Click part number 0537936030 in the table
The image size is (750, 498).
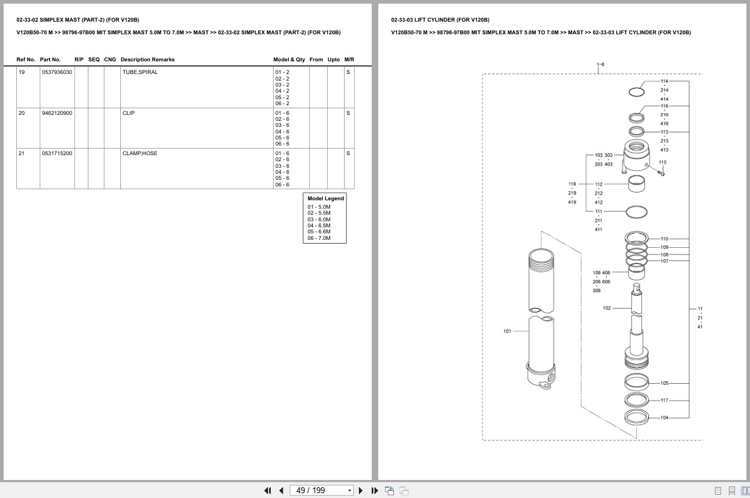pyautogui.click(x=57, y=72)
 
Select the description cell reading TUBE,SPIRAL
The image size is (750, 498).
pyautogui.click(x=140, y=72)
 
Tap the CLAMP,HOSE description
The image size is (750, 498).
pyautogui.click(x=140, y=153)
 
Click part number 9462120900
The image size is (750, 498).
pyautogui.click(x=57, y=113)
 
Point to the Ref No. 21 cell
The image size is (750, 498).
pyautogui.click(x=22, y=153)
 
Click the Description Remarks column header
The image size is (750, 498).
pyautogui.click(x=147, y=60)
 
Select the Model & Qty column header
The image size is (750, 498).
pyautogui.click(x=289, y=60)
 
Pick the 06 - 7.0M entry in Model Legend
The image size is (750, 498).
pyautogui.click(x=319, y=238)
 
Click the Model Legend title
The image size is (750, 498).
pyautogui.click(x=325, y=198)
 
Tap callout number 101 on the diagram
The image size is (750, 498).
pyautogui.click(x=507, y=331)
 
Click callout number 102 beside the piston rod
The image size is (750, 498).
pyautogui.click(x=607, y=308)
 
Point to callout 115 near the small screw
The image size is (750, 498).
pyautogui.click(x=662, y=162)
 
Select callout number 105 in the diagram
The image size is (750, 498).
pyautogui.click(x=664, y=383)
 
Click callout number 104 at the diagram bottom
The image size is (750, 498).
pyautogui.click(x=664, y=417)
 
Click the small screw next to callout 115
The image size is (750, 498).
pyautogui.click(x=661, y=173)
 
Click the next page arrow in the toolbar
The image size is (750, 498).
pyautogui.click(x=361, y=491)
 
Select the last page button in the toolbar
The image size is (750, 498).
pyautogui.click(x=375, y=491)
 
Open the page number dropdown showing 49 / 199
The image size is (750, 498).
pyautogui.click(x=349, y=491)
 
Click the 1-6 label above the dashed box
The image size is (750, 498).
pyautogui.click(x=600, y=64)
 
